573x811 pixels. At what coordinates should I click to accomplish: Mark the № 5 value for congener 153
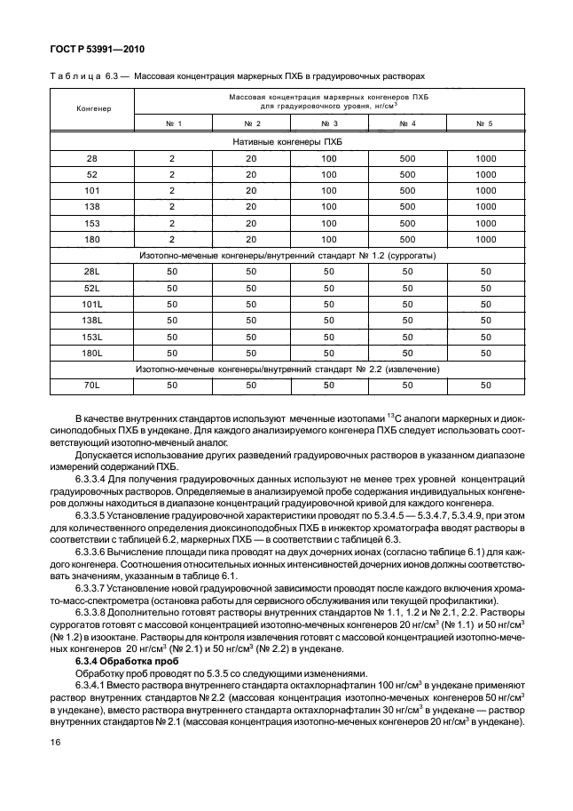coord(484,222)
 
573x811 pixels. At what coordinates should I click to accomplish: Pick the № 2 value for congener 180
coord(252,238)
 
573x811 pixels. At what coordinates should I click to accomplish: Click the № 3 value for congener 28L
coord(329,272)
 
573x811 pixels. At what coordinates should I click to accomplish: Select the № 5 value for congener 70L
coord(484,385)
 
